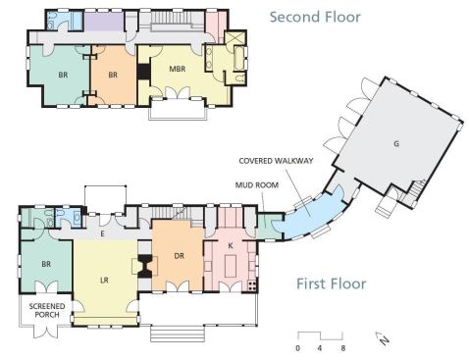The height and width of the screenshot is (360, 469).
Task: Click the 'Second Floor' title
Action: (x=315, y=17)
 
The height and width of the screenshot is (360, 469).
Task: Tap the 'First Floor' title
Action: (x=331, y=283)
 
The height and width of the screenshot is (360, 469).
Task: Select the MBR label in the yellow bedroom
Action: (x=178, y=69)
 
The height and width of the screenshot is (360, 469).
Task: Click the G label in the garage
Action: (x=396, y=143)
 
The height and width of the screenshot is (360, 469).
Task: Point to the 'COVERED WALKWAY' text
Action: (x=276, y=161)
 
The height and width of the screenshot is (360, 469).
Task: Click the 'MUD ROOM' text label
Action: (x=257, y=185)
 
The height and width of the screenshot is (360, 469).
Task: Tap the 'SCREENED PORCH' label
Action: (x=47, y=311)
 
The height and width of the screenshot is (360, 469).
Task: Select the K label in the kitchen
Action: (x=231, y=245)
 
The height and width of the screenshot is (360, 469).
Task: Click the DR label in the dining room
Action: (x=180, y=256)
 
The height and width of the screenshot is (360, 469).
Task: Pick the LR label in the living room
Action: (x=104, y=281)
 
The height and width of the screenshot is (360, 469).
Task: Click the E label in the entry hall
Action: (x=102, y=233)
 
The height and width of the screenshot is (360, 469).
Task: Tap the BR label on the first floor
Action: (x=46, y=264)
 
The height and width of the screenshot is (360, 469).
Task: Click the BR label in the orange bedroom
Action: (x=113, y=75)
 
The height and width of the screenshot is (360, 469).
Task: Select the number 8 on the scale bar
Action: (x=342, y=348)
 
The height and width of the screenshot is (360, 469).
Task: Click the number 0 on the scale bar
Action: (x=297, y=348)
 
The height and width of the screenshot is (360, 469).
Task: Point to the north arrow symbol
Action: (x=382, y=338)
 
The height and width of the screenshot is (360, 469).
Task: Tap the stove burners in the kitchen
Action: (x=251, y=285)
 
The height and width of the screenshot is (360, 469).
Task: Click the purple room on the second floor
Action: (x=104, y=22)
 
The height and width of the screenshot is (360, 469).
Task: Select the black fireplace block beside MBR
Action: (x=143, y=72)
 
